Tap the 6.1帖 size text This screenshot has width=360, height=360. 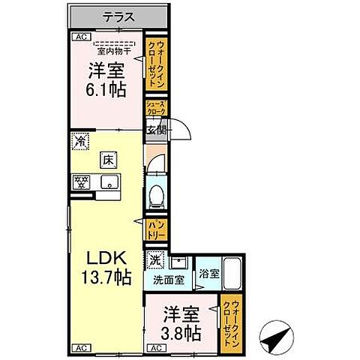pos(105,90)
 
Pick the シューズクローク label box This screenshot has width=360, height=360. pos(155,108)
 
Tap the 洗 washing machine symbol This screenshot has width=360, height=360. pos(154,261)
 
